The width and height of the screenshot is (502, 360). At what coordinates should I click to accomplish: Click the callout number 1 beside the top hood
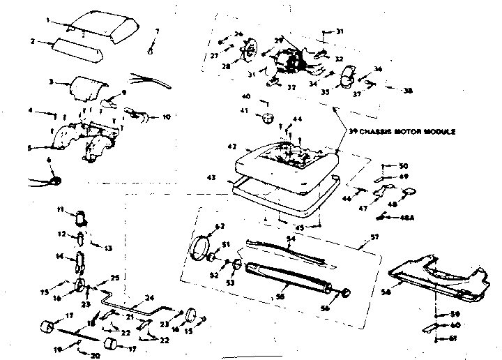coord(48,20)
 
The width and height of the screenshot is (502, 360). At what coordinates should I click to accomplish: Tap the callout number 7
coord(157,31)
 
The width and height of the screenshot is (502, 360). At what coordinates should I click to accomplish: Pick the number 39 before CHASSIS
coord(351,133)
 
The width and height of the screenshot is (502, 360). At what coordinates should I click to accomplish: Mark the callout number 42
coord(232,147)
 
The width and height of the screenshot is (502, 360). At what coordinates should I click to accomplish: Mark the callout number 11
coord(61,210)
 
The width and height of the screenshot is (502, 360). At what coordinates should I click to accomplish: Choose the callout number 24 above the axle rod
coord(149,298)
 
